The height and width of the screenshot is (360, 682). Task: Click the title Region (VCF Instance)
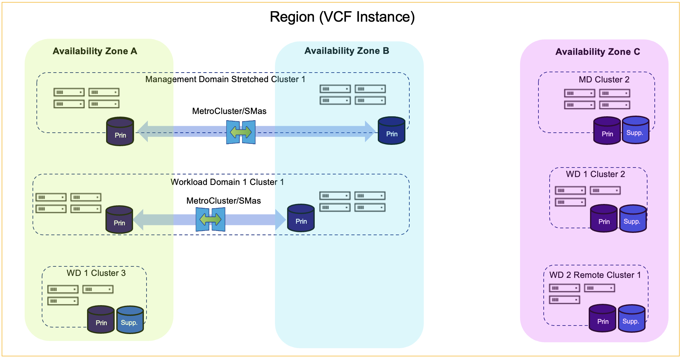pos(342,17)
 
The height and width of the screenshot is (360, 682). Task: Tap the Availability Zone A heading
pos(95,51)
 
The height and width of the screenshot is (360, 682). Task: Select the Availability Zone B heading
pos(347,51)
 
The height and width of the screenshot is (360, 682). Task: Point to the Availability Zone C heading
pos(598,52)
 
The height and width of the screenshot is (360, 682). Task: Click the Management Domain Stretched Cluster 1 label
pos(225,79)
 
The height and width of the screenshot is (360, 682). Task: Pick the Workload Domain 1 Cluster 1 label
pos(227,182)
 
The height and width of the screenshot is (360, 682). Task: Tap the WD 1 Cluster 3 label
pos(96,273)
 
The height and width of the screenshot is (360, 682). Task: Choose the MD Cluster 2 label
pos(604,80)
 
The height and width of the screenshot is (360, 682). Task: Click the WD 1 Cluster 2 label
pos(595,174)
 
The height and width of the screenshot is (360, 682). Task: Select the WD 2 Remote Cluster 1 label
pos(595,275)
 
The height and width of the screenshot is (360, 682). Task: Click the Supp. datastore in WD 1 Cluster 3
pos(130,320)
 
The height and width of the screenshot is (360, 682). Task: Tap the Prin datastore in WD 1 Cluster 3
pos(101,320)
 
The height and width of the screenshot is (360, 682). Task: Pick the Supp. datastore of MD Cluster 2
pos(635,130)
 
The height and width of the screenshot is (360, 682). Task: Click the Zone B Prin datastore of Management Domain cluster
pos(391,131)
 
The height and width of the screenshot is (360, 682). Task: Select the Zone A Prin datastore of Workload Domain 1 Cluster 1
pos(119,220)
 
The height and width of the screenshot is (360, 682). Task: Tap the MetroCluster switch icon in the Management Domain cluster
pos(241,132)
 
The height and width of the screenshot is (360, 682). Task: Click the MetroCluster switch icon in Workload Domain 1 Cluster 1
pos(210,219)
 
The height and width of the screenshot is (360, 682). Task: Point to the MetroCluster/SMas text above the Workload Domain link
pos(223,201)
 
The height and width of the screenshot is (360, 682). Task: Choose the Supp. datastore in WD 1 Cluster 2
pos(632,219)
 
